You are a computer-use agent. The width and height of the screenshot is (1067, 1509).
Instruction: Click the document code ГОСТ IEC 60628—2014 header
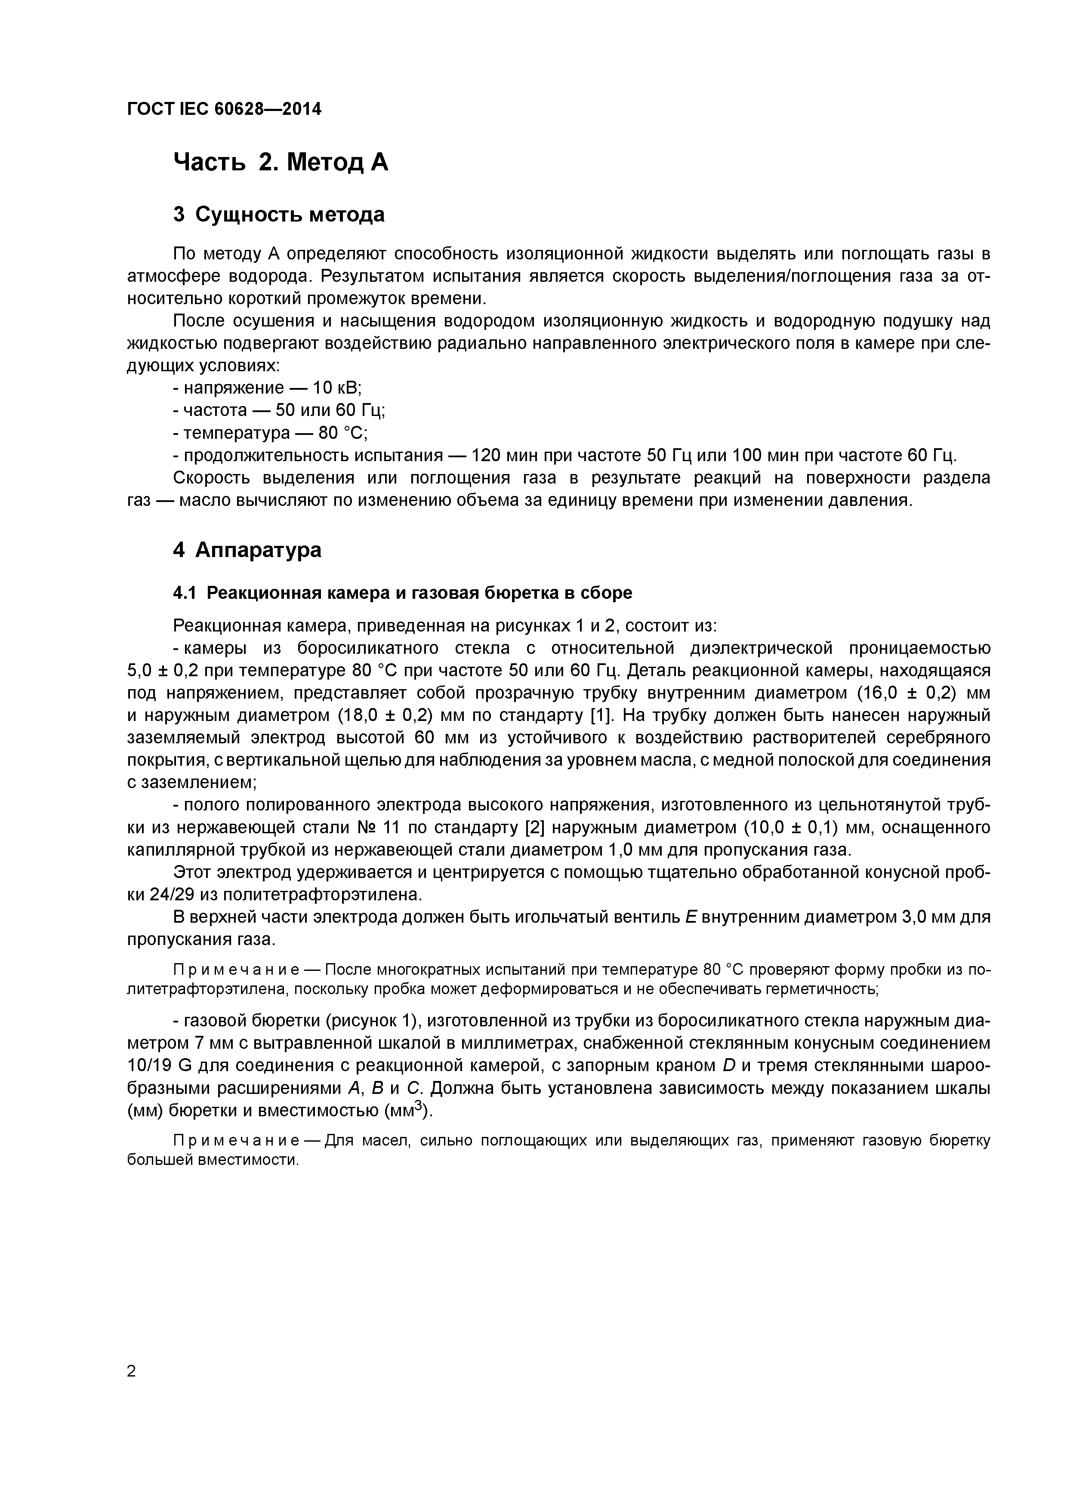pos(224,110)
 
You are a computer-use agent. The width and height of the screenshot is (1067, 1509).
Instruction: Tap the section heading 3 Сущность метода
pos(279,215)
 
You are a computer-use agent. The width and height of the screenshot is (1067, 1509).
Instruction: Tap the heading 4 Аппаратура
pos(247,550)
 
